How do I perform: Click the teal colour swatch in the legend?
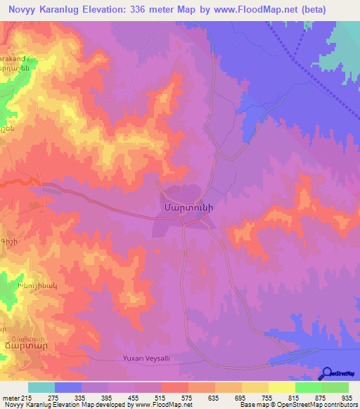tap(41, 387)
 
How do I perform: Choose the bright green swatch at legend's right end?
tap(335, 387)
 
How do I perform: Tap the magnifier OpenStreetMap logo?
tap(327, 373)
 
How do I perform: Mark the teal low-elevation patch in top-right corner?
tap(345, 35)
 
